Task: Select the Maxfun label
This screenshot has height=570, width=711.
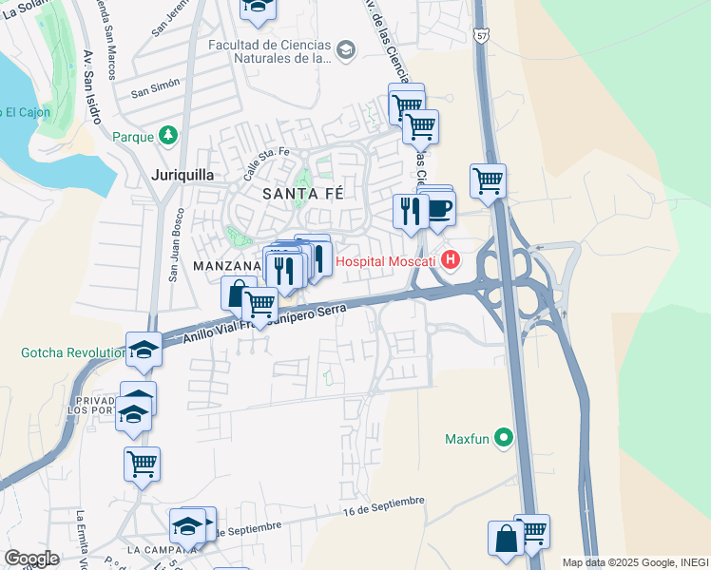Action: point(465,439)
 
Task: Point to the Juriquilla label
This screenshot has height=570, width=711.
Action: point(183,175)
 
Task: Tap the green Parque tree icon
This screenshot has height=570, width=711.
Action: point(168,136)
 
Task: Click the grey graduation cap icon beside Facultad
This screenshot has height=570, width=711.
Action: point(345,49)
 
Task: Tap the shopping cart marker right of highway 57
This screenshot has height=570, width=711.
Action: point(488,179)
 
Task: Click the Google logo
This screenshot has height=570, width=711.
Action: point(30,559)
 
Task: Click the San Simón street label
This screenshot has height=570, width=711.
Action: point(155,92)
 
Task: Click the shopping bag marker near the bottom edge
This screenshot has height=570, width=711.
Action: point(506,538)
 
